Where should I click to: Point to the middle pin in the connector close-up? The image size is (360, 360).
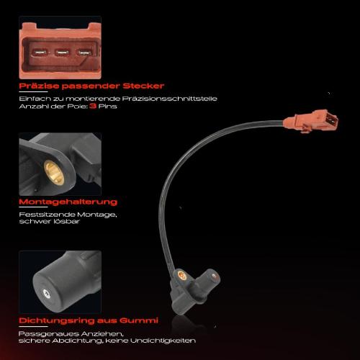(x=60, y=51)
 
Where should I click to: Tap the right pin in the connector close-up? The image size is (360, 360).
(x=82, y=52)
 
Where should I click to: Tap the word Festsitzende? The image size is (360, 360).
(x=42, y=215)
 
